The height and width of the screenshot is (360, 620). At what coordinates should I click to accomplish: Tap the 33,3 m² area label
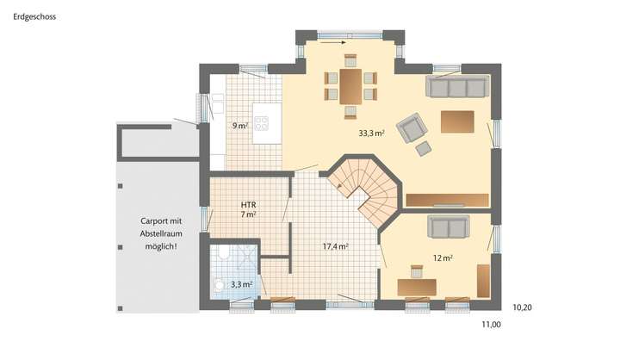371,133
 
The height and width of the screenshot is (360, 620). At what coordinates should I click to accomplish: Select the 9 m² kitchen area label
239,126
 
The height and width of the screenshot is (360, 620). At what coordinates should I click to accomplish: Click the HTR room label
250,204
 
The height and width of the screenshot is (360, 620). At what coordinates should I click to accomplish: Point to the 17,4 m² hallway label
335,246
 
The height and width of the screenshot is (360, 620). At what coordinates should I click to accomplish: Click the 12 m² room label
443,257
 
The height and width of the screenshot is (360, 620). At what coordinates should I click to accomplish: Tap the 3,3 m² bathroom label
241,283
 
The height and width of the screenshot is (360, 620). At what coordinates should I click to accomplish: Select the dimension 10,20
523,306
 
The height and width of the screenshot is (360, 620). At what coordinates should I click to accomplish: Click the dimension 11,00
490,325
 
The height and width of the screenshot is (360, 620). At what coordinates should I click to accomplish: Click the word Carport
144,221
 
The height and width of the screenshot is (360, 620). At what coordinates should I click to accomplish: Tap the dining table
350,86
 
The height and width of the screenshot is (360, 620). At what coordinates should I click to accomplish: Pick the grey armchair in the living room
412,127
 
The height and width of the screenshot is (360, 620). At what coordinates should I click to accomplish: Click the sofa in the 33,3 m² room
458,87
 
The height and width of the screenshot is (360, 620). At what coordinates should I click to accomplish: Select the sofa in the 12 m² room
449,227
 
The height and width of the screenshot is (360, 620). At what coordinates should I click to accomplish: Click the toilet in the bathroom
222,251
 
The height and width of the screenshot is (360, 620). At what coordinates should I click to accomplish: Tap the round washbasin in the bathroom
220,283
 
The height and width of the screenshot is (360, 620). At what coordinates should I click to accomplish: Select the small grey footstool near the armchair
424,148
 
